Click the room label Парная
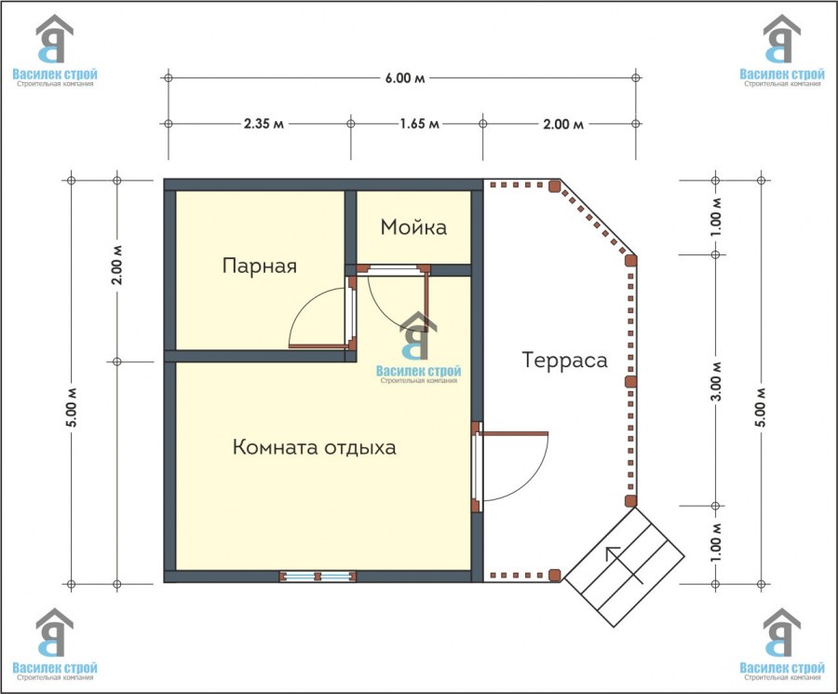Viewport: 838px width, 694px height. tap(259, 265)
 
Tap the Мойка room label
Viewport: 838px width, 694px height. tap(413, 227)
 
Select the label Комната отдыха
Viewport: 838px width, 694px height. tap(315, 447)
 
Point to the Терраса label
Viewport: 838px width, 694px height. tap(565, 360)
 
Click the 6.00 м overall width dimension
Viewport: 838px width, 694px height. tap(405, 78)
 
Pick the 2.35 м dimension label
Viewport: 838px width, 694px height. tap(264, 124)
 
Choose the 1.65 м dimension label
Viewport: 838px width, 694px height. tap(420, 124)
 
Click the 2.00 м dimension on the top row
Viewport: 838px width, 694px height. tap(563, 124)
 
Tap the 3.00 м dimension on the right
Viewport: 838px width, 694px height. tap(717, 381)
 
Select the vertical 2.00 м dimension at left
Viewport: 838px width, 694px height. tap(117, 265)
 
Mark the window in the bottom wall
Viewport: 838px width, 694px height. tap(318, 577)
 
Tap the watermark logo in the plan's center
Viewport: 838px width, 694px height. tap(418, 348)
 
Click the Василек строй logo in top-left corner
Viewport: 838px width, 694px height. tap(55, 51)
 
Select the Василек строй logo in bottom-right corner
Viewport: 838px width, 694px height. tap(782, 645)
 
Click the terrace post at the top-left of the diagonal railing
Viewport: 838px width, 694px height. tap(554, 185)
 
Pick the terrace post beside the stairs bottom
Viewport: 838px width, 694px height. tap(555, 576)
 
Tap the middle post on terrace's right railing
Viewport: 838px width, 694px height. tap(631, 381)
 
